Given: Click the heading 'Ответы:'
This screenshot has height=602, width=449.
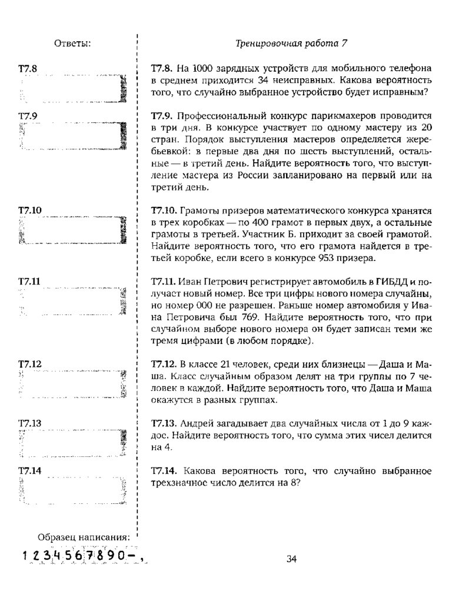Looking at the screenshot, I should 72,43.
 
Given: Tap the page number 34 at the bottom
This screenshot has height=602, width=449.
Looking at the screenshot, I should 291,558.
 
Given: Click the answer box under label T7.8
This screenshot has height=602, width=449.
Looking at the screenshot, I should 72,89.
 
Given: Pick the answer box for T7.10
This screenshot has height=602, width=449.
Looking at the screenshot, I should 72,230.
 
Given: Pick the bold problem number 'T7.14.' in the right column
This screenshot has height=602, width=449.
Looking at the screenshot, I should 164,471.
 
